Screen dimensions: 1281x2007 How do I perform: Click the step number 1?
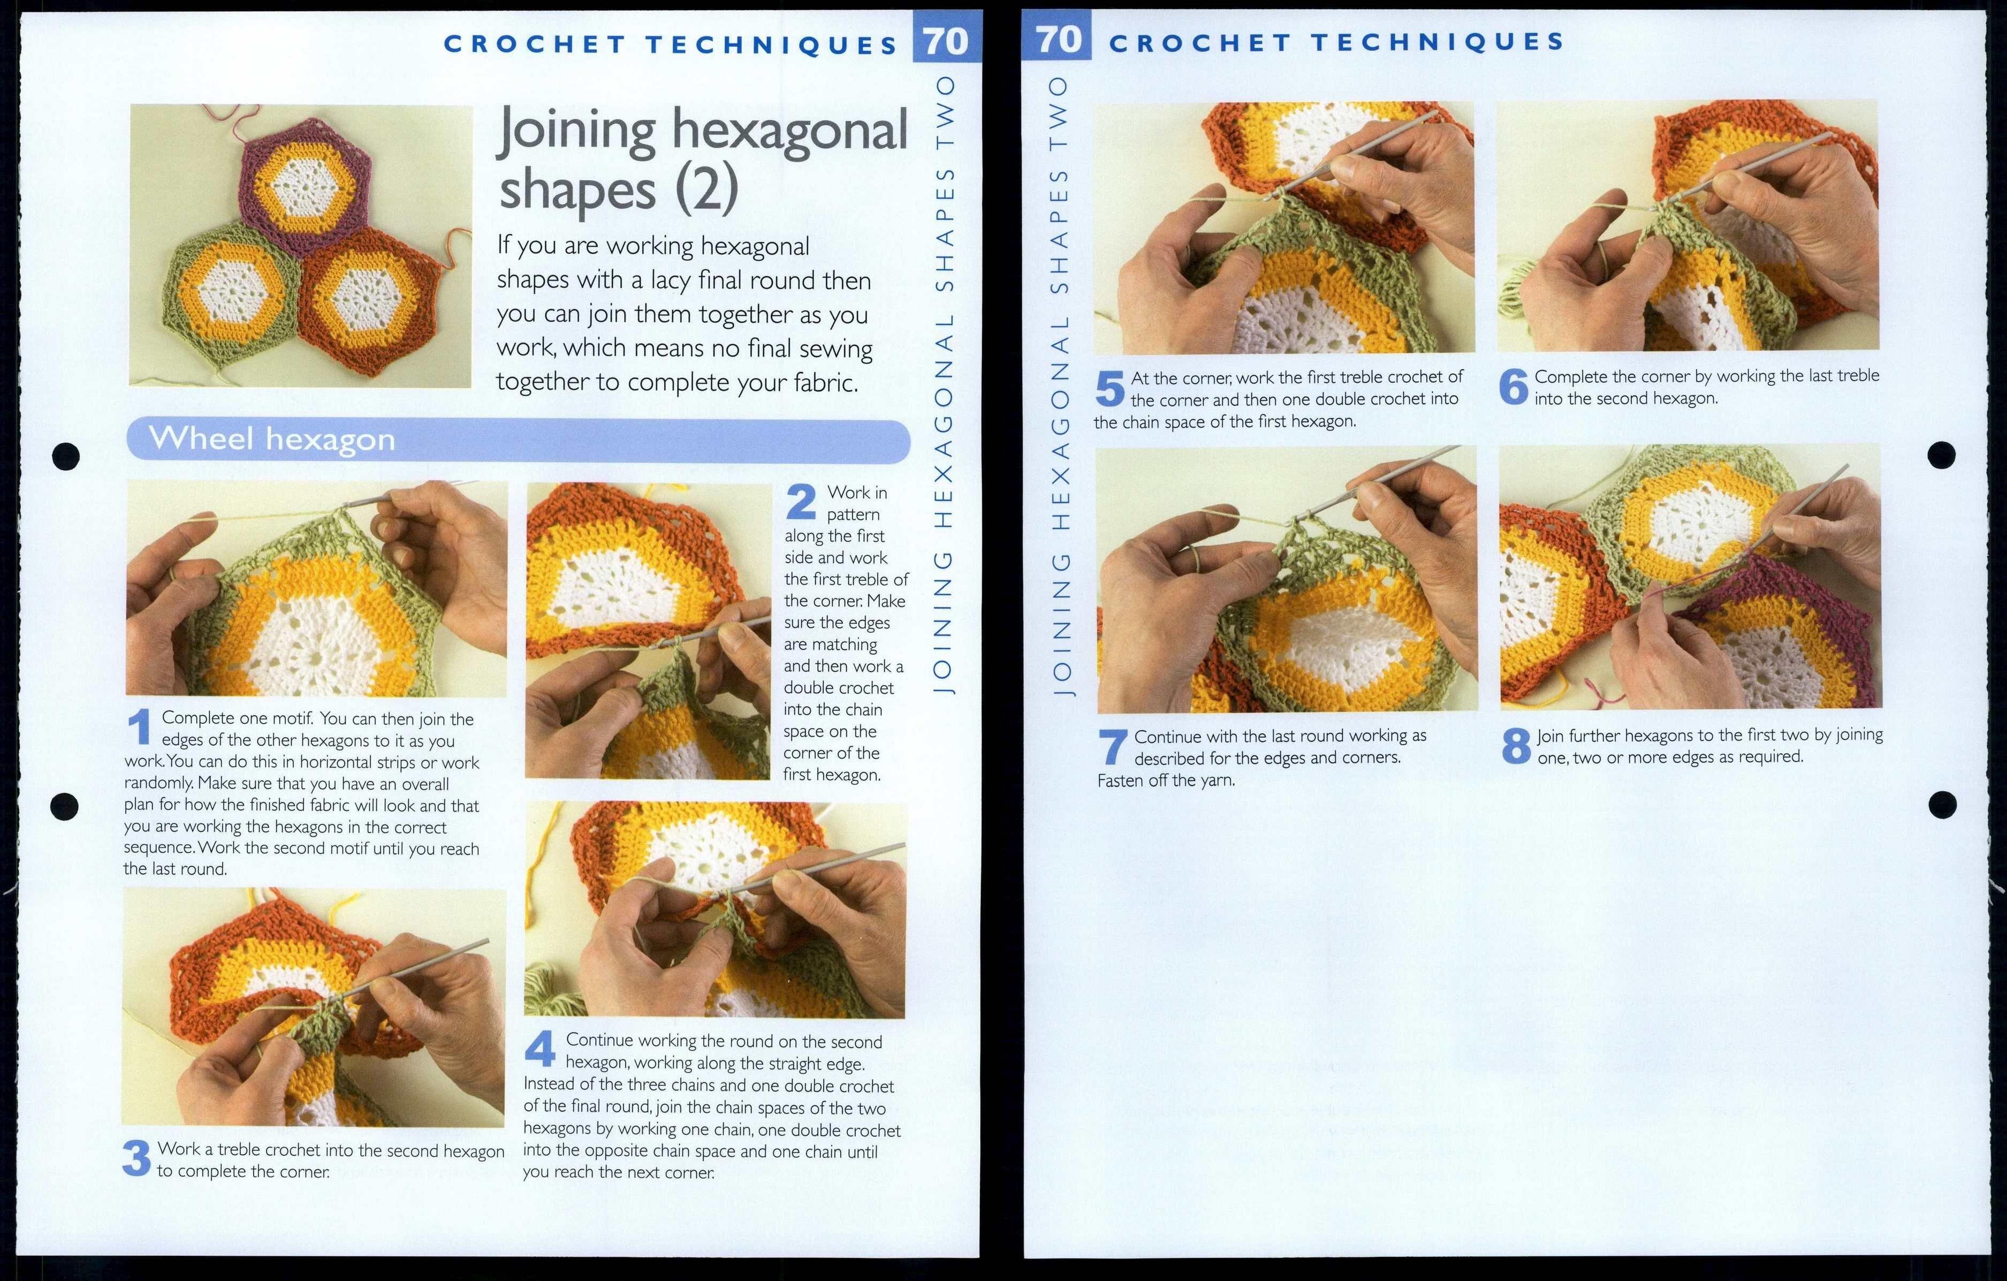[x=139, y=727]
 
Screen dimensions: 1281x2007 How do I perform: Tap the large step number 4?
[x=540, y=1049]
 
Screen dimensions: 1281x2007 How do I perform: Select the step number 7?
[x=1113, y=747]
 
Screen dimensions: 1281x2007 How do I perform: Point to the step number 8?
[x=1516, y=746]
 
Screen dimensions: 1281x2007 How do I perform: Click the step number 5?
[x=1109, y=389]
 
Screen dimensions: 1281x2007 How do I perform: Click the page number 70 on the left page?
[x=946, y=41]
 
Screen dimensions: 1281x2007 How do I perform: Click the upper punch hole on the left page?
[x=66, y=456]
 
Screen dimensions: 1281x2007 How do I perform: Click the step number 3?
[x=136, y=1158]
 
